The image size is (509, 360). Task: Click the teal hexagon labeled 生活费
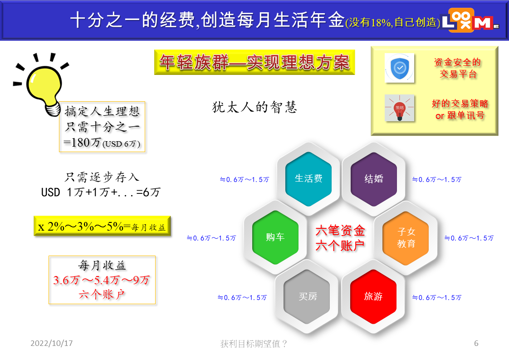point(308,179)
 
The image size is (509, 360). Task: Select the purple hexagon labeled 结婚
point(374,179)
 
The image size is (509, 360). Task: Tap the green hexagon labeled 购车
point(275,237)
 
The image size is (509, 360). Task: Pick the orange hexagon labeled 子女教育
point(406,238)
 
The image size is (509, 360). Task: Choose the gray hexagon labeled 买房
point(307,296)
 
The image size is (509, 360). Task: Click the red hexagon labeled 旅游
point(373,296)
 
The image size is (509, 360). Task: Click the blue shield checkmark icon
point(400,68)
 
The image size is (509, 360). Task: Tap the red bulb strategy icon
point(400,108)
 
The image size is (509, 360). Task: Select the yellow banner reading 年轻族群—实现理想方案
point(254,62)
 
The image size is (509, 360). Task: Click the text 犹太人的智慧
point(254,107)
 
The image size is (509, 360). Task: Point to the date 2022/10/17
point(52,343)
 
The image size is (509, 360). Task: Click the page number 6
point(476,343)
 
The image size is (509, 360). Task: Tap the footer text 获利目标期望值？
point(254,344)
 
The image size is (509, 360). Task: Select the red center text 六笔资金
point(340,231)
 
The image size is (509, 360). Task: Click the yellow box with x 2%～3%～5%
point(102,226)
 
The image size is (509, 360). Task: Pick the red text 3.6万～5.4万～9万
point(102,280)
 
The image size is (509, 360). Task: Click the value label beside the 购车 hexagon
point(211,238)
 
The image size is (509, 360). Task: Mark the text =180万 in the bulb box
point(82,143)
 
